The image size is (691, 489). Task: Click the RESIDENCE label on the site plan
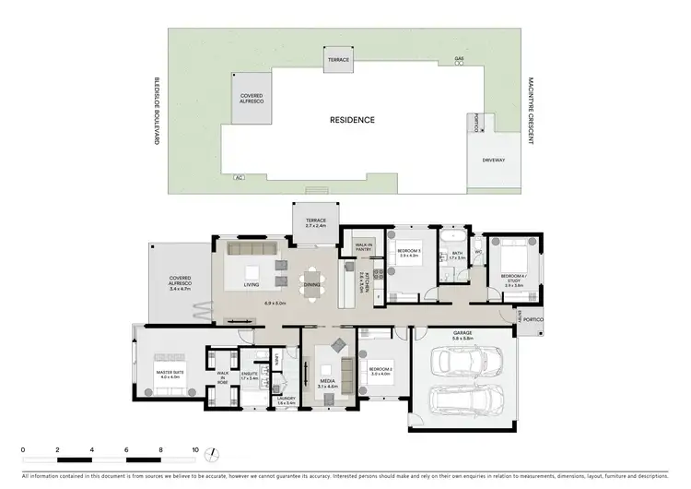point(352,120)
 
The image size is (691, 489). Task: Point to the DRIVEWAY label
point(493,160)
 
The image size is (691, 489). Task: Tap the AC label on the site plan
point(240,176)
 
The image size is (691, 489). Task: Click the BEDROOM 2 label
point(381,374)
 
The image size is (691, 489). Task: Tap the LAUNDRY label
point(286,401)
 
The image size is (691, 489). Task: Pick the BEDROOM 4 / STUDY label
point(513,280)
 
